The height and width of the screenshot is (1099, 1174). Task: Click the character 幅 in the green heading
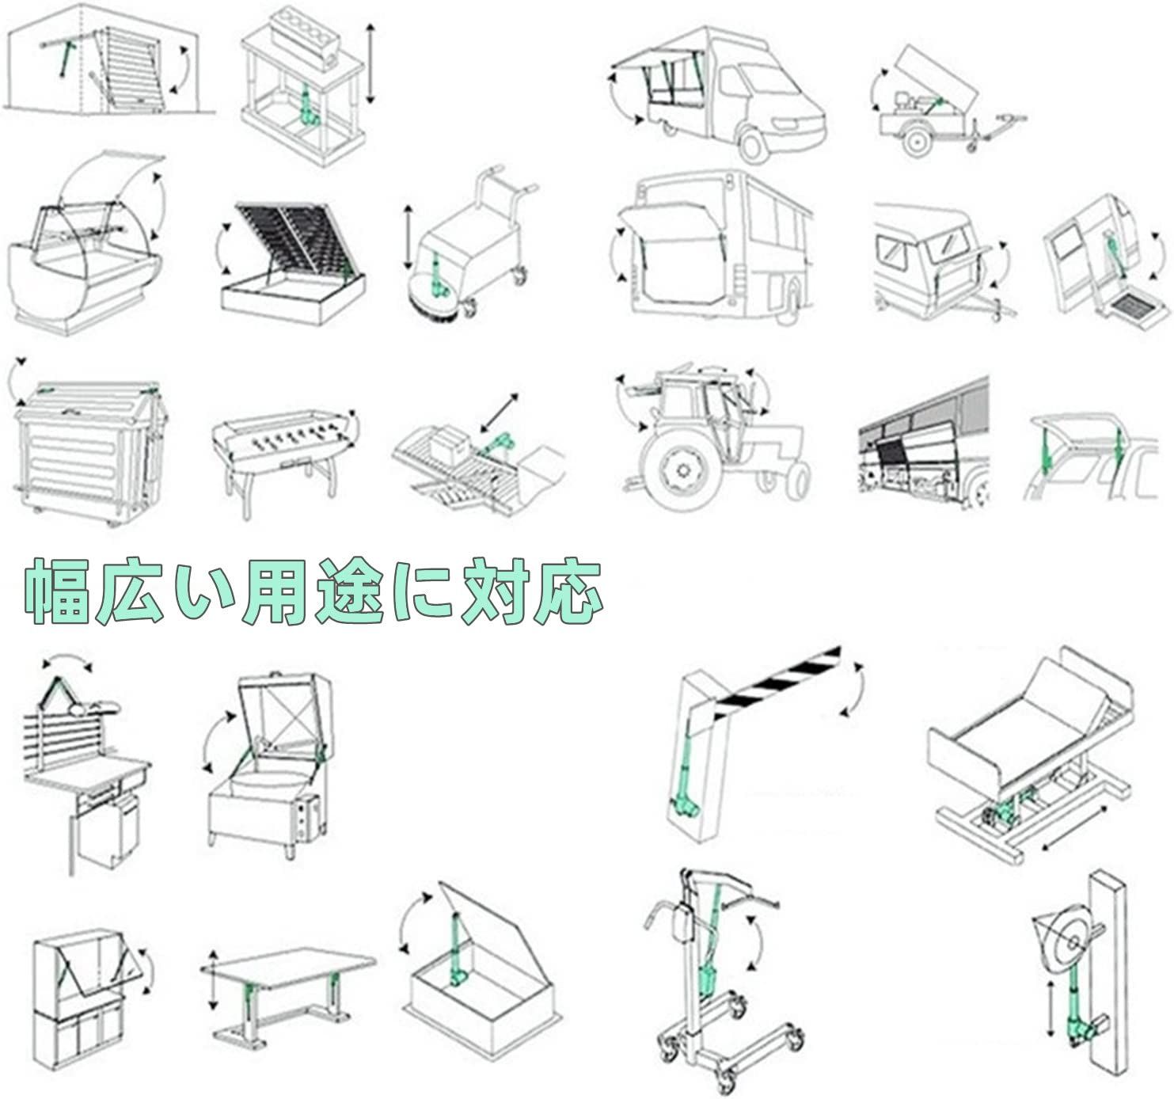(55, 591)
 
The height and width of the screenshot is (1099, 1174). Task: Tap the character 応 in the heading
(568, 591)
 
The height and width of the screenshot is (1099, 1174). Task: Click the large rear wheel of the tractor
(682, 470)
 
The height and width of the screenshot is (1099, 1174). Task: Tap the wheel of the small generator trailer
(917, 142)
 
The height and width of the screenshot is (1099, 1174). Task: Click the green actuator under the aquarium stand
(310, 105)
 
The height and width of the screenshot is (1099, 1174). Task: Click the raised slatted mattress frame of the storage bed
(290, 238)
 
